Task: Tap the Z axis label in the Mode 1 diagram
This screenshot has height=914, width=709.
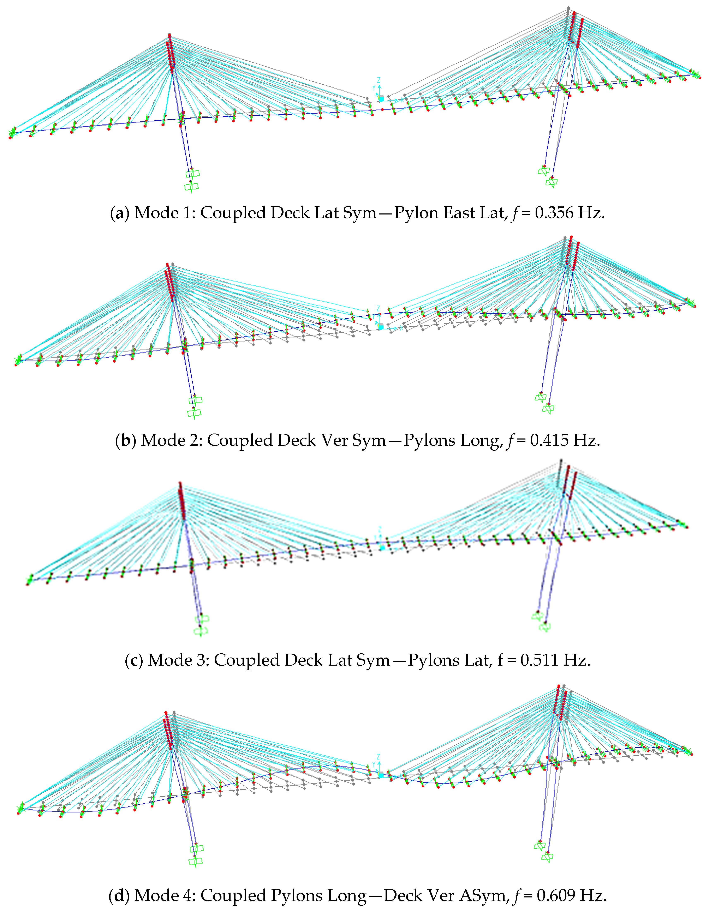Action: (379, 79)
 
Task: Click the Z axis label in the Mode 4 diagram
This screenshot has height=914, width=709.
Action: (379, 757)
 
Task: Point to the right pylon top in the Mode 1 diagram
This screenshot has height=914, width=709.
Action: (569, 8)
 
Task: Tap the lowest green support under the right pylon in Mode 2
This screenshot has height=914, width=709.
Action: (548, 408)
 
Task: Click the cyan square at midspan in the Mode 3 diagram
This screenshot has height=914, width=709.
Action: (382, 547)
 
